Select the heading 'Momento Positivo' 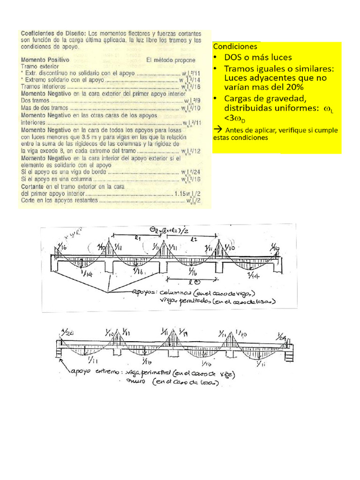pos(45,60)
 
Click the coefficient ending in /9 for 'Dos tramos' pos(191,101)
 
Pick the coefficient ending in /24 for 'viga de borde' pos(191,172)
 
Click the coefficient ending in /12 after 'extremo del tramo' pos(191,151)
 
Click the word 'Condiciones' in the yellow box pos(235,47)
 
